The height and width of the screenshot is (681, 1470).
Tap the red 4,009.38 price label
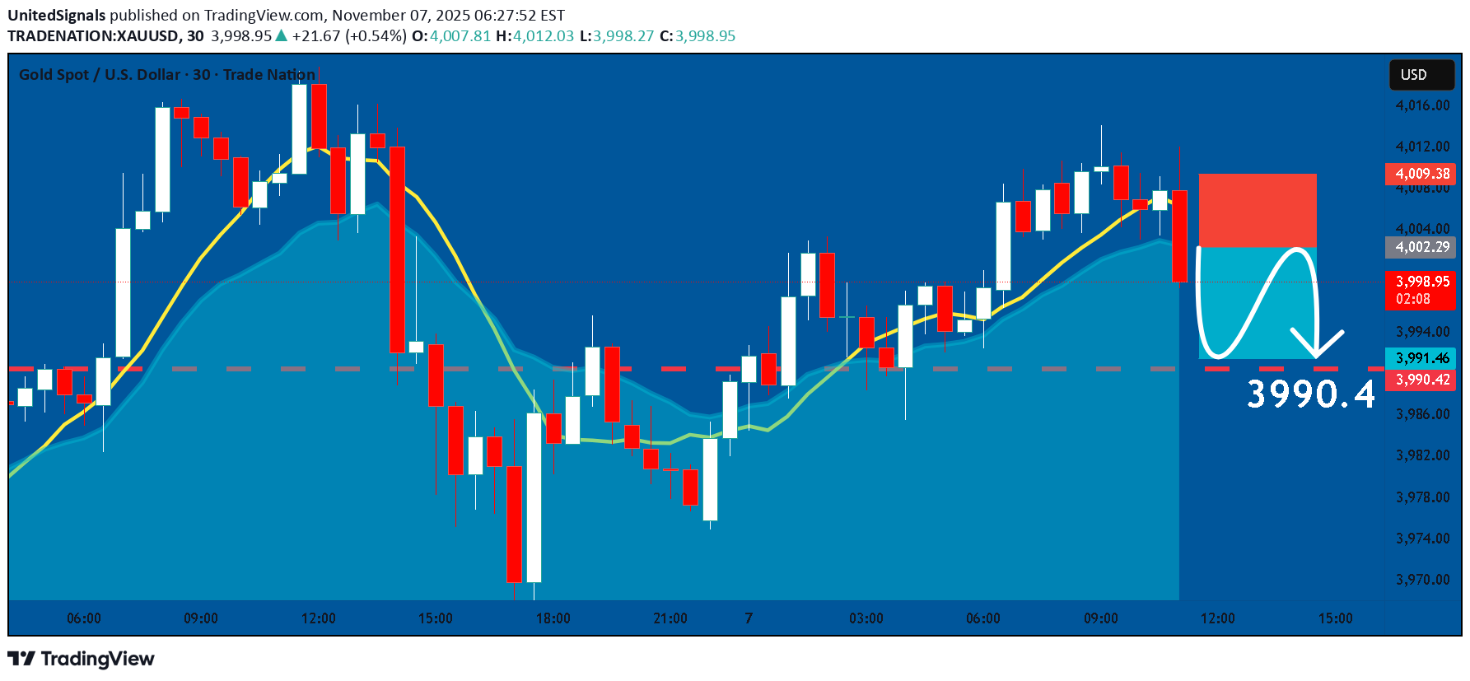coord(1421,174)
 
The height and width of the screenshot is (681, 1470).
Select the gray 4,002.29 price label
coord(1421,247)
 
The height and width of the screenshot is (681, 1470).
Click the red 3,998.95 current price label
coord(1421,282)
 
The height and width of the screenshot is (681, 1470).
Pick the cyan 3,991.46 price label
coord(1421,358)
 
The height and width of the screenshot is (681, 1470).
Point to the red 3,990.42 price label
coord(1421,380)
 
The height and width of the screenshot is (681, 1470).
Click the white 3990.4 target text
coord(1310,394)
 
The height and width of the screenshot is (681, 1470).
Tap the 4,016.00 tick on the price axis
coord(1422,105)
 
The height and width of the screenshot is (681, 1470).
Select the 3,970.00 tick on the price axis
coord(1422,580)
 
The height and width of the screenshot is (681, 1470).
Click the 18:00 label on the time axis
coord(553,618)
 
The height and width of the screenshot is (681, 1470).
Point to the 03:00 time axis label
coord(866,618)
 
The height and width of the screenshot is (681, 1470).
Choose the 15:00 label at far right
coord(1335,618)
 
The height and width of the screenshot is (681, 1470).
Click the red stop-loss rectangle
coord(1258,210)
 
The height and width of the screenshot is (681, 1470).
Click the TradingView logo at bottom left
coord(81,659)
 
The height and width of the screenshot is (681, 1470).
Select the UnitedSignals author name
coord(57,16)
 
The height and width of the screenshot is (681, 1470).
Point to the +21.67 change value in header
coord(315,36)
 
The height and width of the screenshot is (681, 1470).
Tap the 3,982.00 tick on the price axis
coord(1422,455)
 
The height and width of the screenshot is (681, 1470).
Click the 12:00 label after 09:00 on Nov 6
coord(318,618)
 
